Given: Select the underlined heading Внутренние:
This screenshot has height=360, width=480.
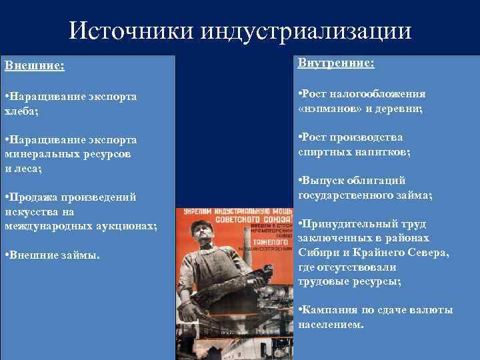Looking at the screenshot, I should tap(336, 63).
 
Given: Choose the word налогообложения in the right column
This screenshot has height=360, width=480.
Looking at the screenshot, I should tap(385, 94).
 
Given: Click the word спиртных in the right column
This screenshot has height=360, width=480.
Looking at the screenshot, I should tap(323, 151).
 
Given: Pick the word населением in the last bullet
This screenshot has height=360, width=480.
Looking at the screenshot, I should tap(331, 325).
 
